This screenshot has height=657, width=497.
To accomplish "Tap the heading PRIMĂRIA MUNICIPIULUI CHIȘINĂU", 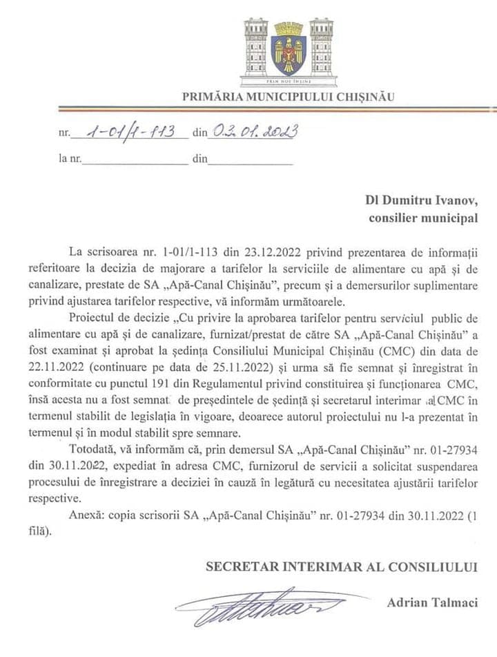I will [289, 97].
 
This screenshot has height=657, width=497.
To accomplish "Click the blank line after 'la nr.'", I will [135, 160].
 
